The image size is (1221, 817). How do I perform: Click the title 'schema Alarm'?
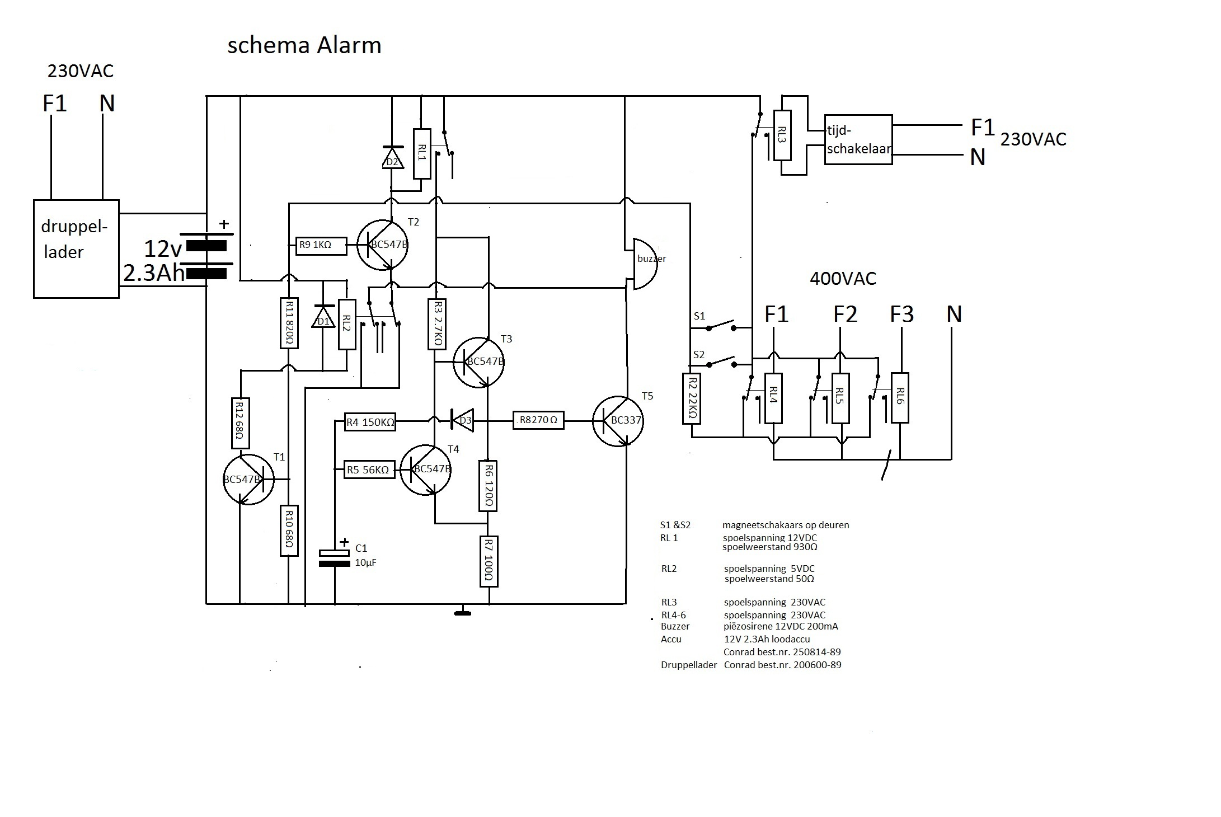(x=304, y=45)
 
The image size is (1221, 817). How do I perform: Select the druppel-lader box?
(x=76, y=248)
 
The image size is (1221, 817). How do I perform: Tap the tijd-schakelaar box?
(x=858, y=140)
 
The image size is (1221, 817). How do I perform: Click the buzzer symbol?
(x=645, y=264)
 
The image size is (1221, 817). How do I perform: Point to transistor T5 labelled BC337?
(x=618, y=421)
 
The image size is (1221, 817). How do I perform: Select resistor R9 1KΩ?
(x=321, y=245)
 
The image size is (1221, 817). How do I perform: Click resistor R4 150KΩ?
(x=370, y=422)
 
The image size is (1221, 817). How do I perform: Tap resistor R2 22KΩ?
(x=692, y=398)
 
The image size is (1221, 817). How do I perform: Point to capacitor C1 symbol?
(x=335, y=558)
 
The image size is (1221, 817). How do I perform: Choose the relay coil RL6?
(x=900, y=397)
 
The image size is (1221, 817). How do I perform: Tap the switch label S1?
(x=699, y=316)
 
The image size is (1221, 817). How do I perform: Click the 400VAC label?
(x=843, y=279)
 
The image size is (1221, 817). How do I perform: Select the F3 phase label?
(x=901, y=314)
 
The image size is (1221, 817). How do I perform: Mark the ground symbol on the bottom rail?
(x=462, y=613)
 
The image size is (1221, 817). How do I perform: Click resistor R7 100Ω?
(x=489, y=561)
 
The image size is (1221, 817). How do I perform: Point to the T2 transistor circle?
(x=383, y=246)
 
